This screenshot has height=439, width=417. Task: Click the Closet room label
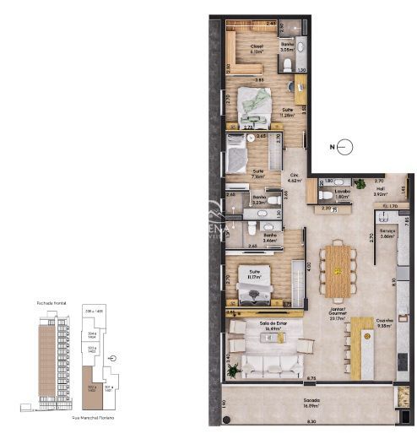257,48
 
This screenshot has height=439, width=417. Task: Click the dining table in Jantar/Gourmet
338,270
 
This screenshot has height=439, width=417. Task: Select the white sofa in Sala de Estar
271,366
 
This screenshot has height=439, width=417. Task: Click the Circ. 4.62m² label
295,177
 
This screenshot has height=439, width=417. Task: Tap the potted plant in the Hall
361,183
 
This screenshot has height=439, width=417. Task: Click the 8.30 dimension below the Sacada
311,422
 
